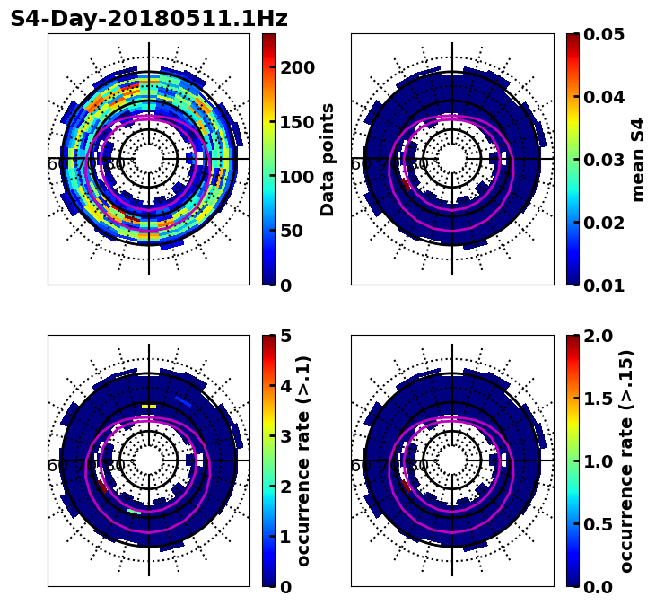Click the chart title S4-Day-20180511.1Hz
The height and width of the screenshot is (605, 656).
tap(149, 19)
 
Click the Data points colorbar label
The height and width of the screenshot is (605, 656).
tap(328, 159)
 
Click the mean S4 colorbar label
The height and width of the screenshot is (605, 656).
tap(638, 159)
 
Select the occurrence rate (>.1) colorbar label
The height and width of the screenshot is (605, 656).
tap(304, 460)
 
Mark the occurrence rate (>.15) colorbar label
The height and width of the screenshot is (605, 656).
tap(626, 460)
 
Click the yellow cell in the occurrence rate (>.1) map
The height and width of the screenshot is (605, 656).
tap(149, 407)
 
